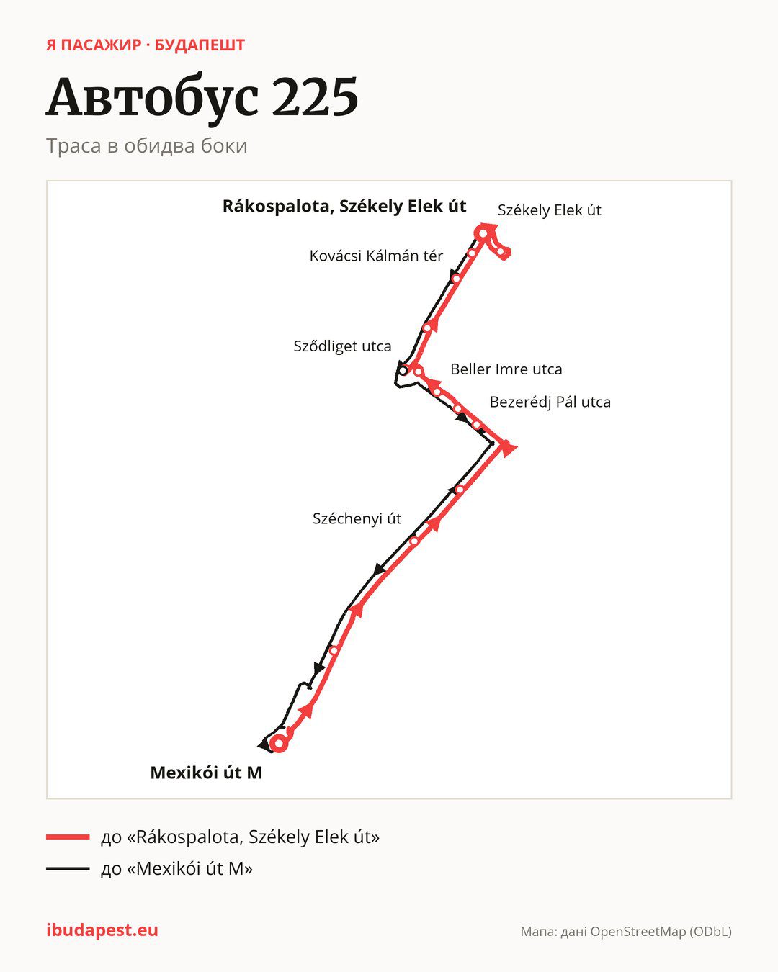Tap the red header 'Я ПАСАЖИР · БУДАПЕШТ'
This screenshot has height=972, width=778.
pyautogui.click(x=146, y=45)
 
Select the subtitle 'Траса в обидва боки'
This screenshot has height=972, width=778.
pyautogui.click(x=147, y=146)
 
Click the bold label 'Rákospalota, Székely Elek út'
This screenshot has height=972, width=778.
pyautogui.click(x=344, y=207)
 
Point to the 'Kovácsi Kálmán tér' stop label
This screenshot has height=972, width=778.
pyautogui.click(x=376, y=256)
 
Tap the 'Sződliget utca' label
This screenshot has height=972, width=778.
pyautogui.click(x=342, y=346)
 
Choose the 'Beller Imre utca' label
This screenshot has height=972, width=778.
pyautogui.click(x=506, y=369)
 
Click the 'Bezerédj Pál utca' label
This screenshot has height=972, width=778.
pyautogui.click(x=550, y=402)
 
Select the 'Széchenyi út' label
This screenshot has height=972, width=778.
pyautogui.click(x=357, y=518)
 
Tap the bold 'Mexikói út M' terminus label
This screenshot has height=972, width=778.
pyautogui.click(x=206, y=773)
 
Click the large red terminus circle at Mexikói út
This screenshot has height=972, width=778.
pyautogui.click(x=279, y=743)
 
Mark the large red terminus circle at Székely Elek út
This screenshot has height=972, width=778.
pyautogui.click(x=483, y=233)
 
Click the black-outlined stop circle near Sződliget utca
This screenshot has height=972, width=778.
pyautogui.click(x=403, y=371)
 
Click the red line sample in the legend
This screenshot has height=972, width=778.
pyautogui.click(x=68, y=837)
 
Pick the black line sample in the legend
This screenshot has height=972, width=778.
pyautogui.click(x=68, y=868)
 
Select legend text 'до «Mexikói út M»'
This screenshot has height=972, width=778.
pyautogui.click(x=176, y=868)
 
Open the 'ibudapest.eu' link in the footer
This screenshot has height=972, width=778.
pyautogui.click(x=102, y=930)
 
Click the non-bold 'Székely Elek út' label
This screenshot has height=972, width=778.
pyautogui.click(x=549, y=210)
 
